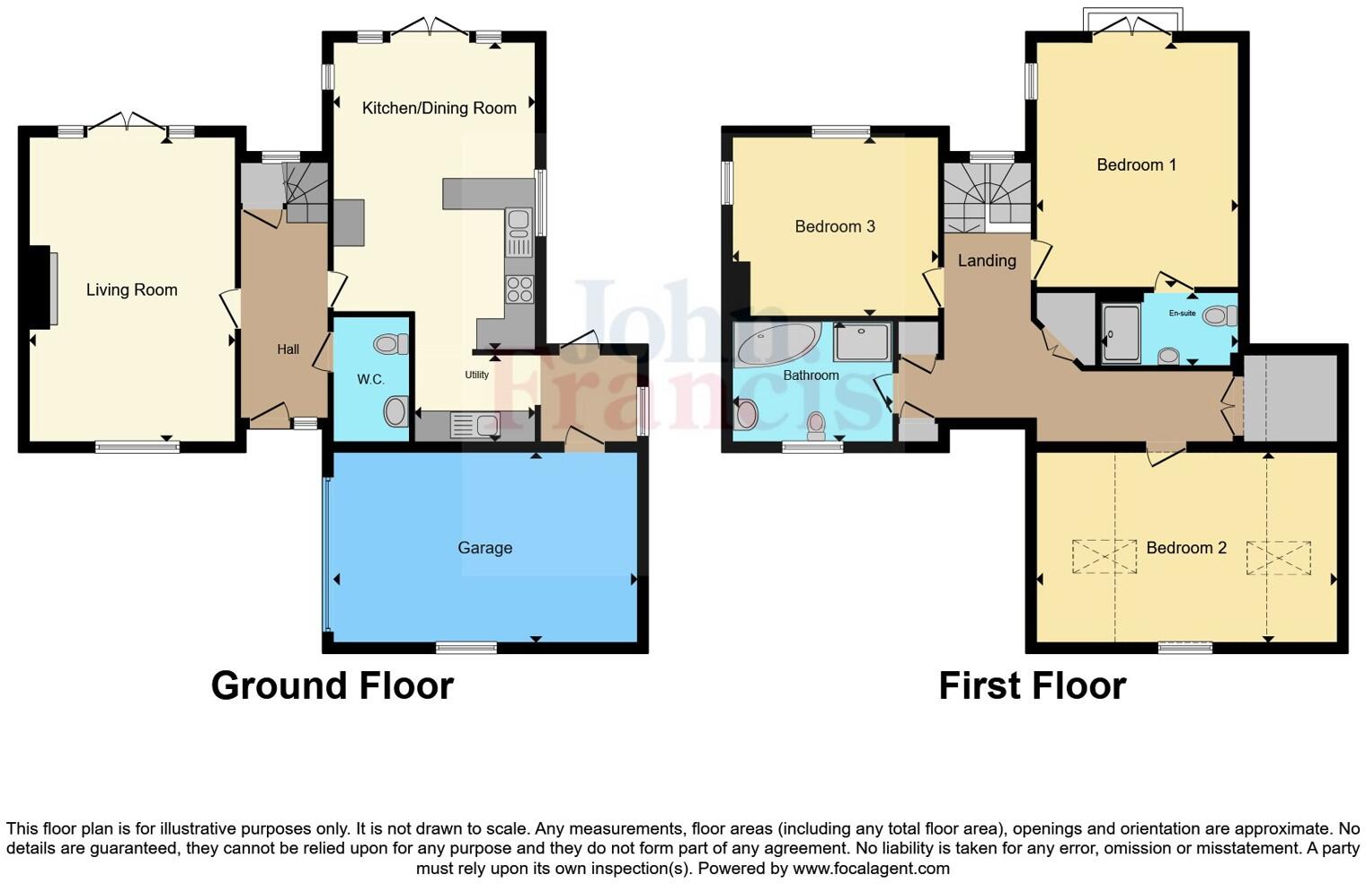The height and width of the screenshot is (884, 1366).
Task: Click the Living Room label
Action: [131, 289]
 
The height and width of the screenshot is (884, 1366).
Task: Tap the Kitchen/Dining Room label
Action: [439, 108]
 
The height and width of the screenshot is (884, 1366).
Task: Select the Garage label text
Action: [484, 547]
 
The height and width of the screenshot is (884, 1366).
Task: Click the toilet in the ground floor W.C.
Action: [391, 344]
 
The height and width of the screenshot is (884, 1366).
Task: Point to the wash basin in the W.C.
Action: [395, 412]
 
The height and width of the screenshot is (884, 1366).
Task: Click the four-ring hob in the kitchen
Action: [519, 288]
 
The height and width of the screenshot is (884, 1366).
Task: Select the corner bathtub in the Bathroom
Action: [776, 344]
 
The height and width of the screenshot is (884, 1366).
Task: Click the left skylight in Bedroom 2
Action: [1104, 556]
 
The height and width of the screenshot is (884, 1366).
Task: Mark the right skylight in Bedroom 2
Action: [1278, 557]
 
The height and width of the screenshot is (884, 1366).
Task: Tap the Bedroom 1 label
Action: [1136, 164]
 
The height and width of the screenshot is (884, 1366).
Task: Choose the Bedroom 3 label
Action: [834, 226]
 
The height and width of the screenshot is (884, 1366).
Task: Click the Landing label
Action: [986, 261]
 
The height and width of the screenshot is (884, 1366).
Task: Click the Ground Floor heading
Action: [332, 685]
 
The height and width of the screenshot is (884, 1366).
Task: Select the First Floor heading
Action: [1032, 685]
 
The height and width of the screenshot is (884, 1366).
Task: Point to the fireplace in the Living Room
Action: [43, 287]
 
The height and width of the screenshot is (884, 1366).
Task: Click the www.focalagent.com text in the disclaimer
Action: [871, 868]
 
